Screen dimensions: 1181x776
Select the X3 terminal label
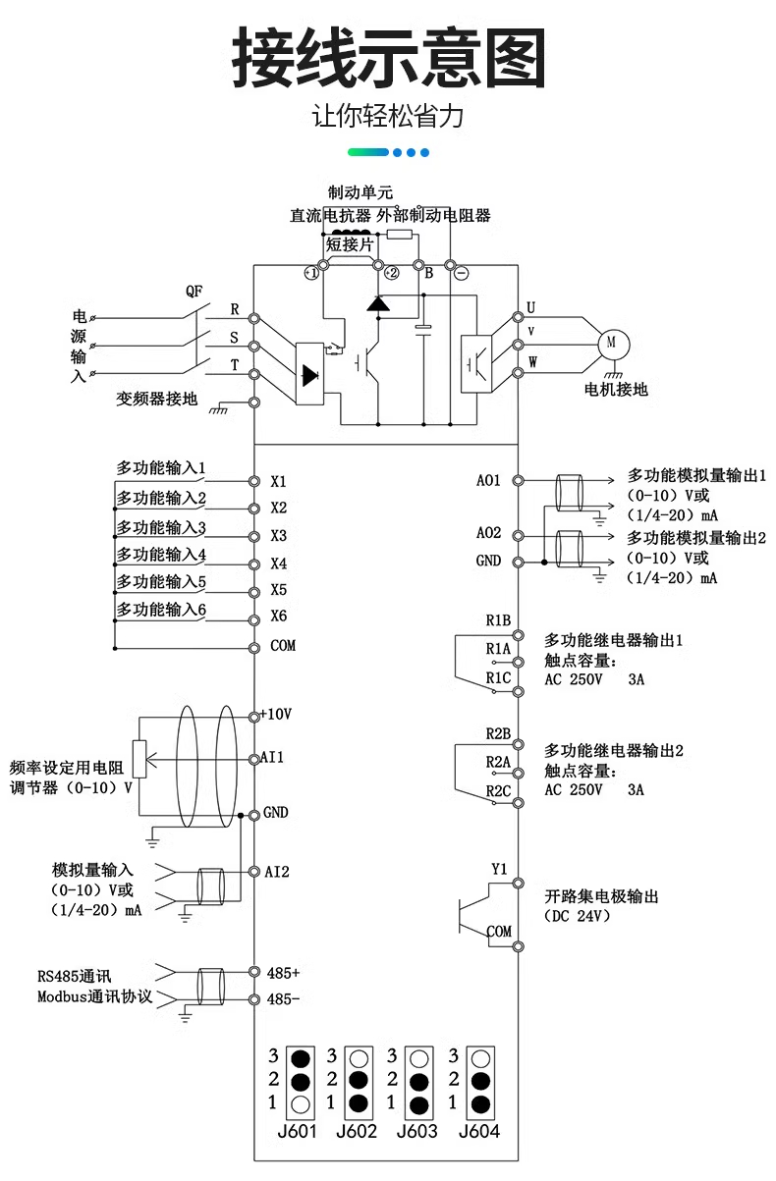click(278, 536)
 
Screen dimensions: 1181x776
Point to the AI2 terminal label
click(277, 871)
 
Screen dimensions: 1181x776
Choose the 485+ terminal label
click(283, 973)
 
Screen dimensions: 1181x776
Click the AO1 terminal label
click(488, 480)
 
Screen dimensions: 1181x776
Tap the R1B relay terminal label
click(498, 620)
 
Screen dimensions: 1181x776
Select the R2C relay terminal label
click(498, 790)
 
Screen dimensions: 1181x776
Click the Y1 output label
click(499, 869)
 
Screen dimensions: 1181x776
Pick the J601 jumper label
click(297, 1131)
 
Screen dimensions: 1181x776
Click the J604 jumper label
click(479, 1131)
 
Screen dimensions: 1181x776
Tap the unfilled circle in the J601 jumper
click(302, 1104)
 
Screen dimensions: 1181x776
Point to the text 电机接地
click(616, 389)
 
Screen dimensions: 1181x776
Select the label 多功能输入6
click(161, 610)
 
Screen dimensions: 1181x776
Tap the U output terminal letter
click(531, 307)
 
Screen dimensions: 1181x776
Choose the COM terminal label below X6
click(282, 646)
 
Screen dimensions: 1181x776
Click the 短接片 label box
click(350, 244)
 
